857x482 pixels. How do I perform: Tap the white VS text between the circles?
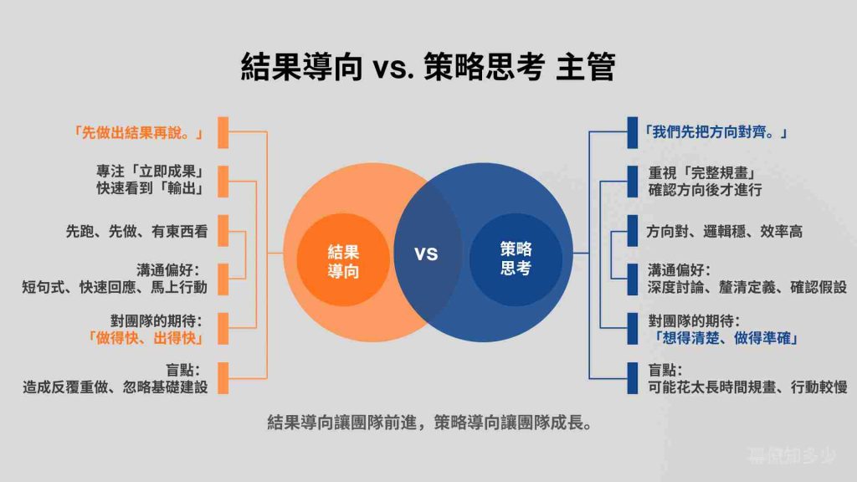coord(426,254)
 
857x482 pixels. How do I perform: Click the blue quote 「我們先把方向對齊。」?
coord(717,132)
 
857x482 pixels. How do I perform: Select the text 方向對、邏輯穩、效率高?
coord(725,231)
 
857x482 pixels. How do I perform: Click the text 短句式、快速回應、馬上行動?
coord(115,287)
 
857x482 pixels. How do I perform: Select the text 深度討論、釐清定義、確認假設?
coord(747,287)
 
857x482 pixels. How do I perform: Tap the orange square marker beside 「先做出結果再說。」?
coord(223,132)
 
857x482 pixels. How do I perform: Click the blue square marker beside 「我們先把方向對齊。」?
coord(633,132)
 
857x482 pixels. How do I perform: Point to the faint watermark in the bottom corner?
coord(791,455)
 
